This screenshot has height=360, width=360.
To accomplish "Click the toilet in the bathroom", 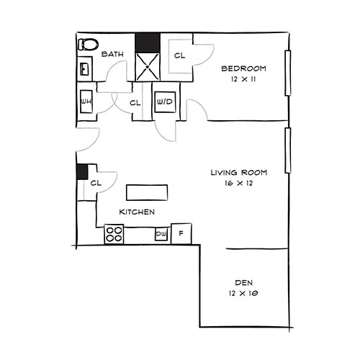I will pos(87,44).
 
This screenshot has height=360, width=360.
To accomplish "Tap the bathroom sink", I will pos(85,69).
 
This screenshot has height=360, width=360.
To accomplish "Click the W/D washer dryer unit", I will pos(164,102).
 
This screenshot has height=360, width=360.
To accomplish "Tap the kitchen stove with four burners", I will pos(114,234).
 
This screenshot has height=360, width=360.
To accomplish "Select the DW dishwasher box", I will pos(161,234).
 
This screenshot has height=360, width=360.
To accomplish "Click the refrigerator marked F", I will pos(181,233).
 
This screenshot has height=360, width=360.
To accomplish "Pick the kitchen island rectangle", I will pos(147,192).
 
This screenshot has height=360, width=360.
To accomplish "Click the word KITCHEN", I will pos(138,212).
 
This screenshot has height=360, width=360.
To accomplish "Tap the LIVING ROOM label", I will pos(239,172).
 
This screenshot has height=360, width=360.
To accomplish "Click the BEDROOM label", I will pos(243,68).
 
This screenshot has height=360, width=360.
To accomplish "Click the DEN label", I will pos(243,282).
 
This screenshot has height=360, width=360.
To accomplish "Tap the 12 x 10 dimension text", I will pos(243,293).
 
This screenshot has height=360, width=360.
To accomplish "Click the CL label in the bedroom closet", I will pos(179,55).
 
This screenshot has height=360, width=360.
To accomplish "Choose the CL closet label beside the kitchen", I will pos(96,184).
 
